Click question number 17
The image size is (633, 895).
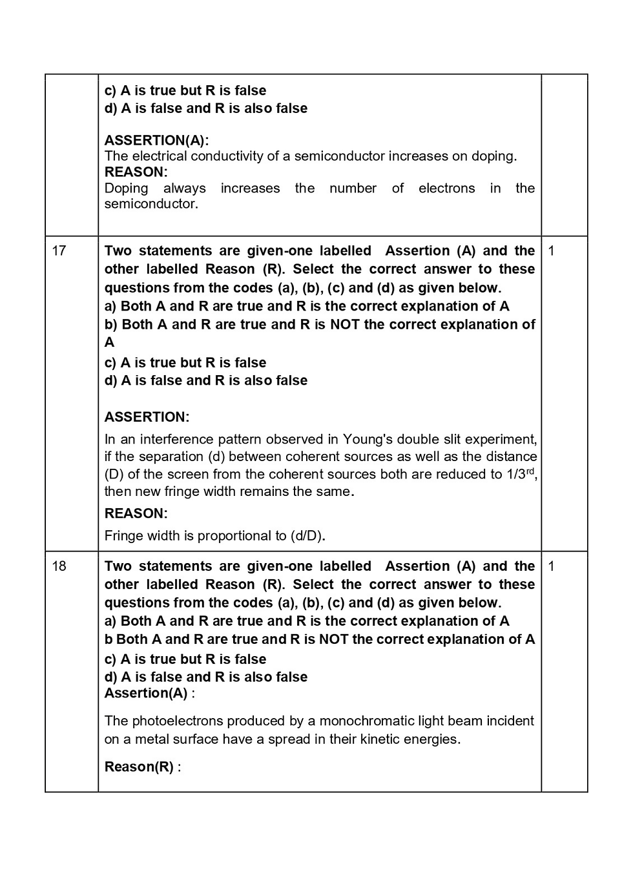(x=59, y=251)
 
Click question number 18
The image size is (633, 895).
(x=59, y=566)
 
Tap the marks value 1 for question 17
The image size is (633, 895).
(x=551, y=251)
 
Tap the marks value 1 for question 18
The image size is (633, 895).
(x=551, y=566)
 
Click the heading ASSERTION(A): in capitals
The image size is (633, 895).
(x=156, y=140)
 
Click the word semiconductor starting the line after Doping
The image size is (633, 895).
(x=150, y=204)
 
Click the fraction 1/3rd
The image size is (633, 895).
(x=521, y=474)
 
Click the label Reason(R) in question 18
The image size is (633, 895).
(x=139, y=767)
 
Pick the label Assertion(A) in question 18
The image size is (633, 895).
(x=146, y=694)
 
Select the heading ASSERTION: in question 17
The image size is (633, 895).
(x=147, y=417)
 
